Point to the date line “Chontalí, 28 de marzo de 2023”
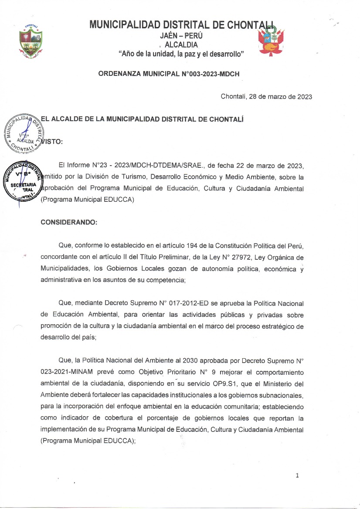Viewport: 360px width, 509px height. [x=266, y=97]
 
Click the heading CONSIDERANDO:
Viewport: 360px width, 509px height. [x=69, y=222]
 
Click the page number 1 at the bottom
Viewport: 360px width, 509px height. [x=297, y=475]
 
